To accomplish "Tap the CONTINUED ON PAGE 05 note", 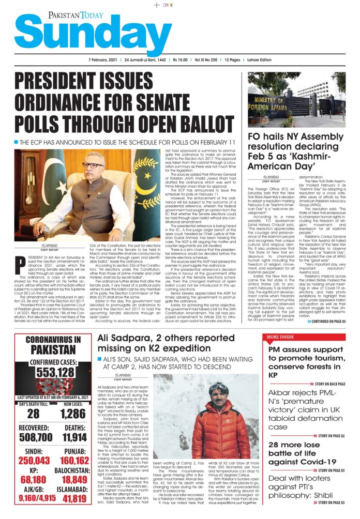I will [x=327, y=321].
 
